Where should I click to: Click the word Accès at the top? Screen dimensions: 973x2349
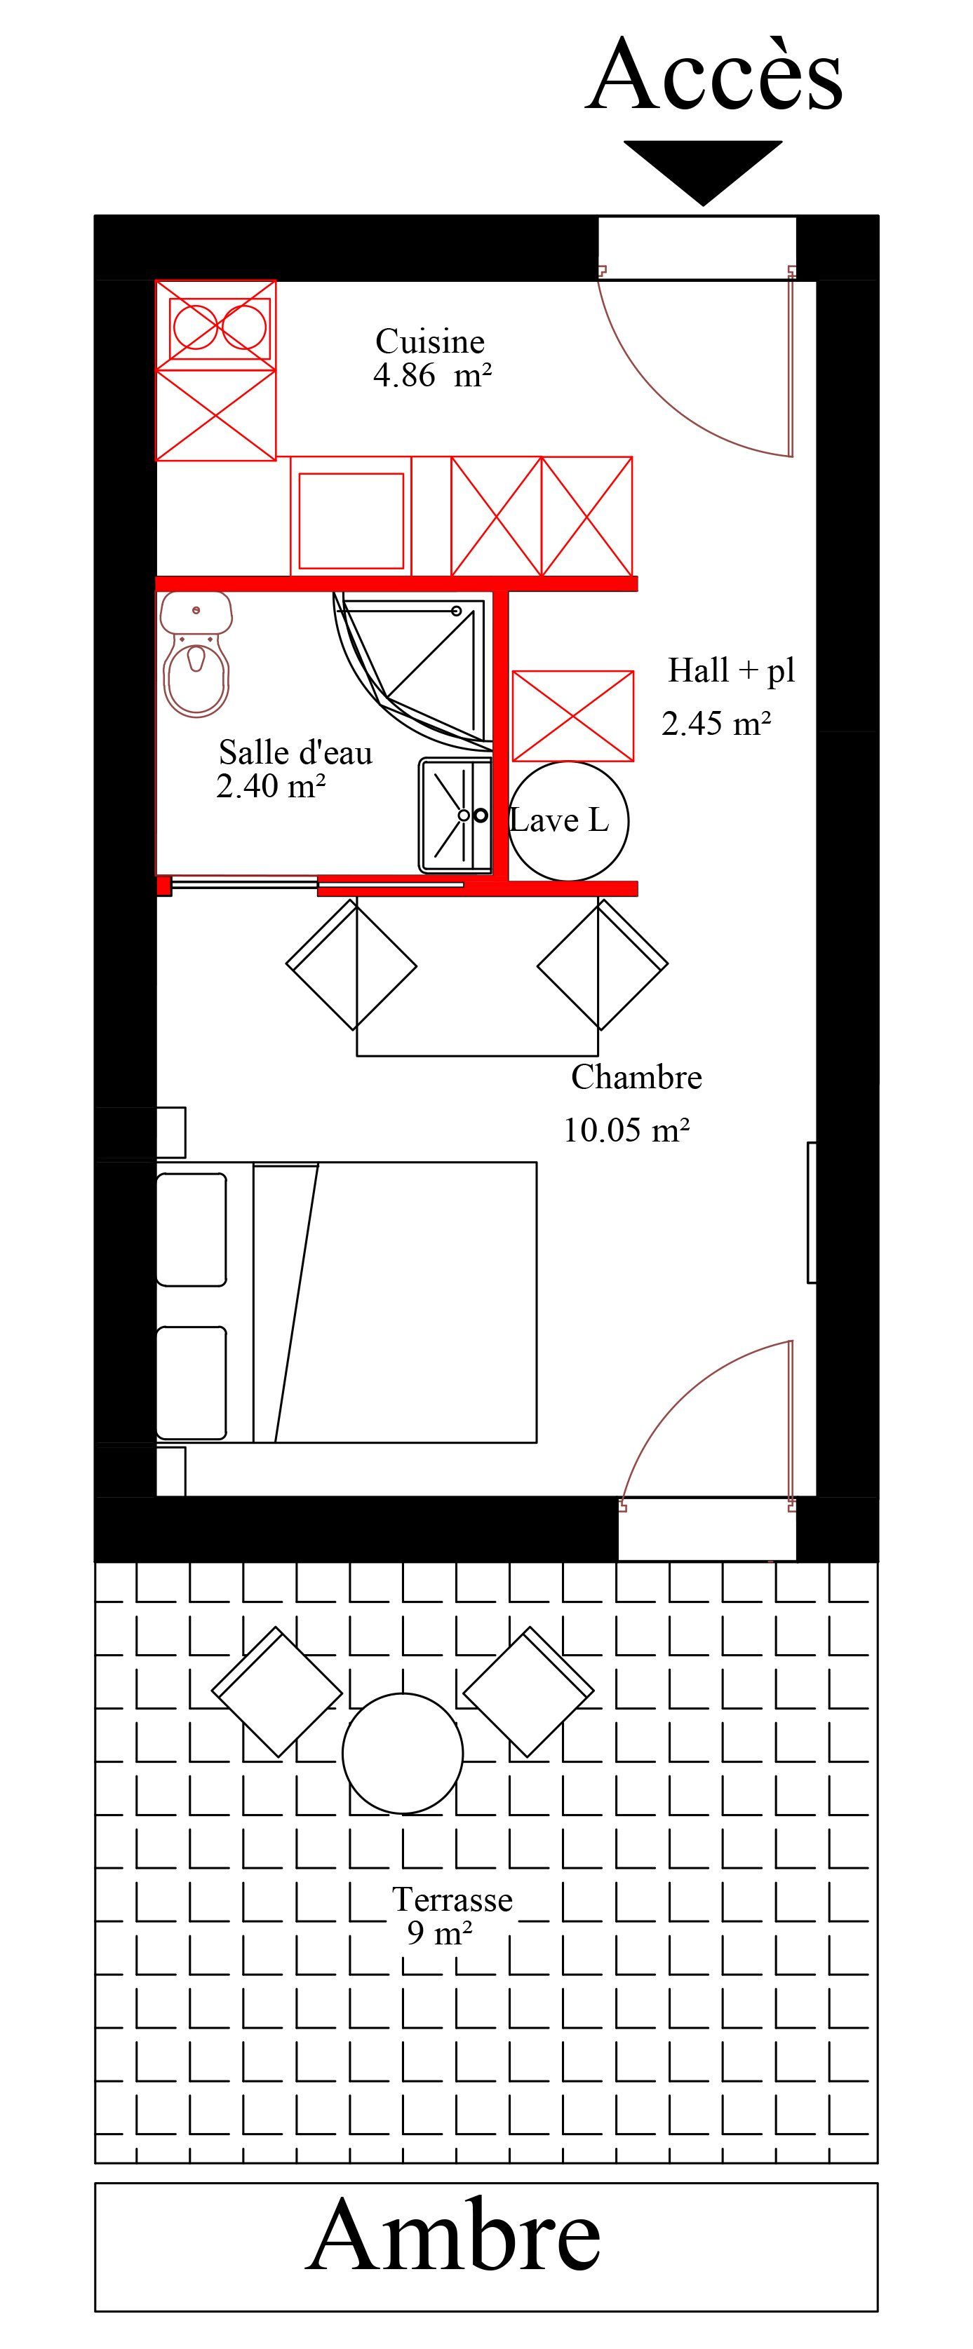click(714, 75)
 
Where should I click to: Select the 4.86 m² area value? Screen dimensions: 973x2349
click(432, 374)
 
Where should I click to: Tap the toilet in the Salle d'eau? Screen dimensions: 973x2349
click(196, 654)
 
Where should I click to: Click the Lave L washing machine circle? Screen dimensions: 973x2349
click(568, 820)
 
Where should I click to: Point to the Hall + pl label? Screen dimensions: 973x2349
click(732, 670)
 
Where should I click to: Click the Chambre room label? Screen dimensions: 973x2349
click(636, 1077)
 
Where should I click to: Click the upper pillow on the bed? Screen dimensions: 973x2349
click(192, 1229)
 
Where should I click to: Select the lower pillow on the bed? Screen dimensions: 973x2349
click(192, 1383)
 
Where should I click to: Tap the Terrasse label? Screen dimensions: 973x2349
click(452, 1900)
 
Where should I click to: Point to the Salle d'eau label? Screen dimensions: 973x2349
click(295, 752)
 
